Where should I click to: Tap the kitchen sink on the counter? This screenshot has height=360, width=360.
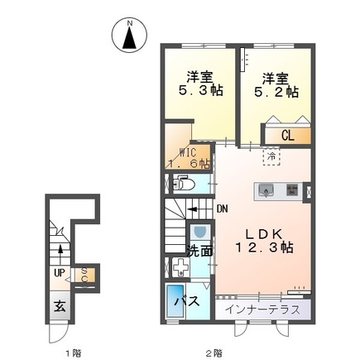click(x=267, y=191)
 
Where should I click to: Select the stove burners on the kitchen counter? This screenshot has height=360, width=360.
click(x=292, y=191)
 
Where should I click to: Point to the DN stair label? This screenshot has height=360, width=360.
click(x=222, y=209)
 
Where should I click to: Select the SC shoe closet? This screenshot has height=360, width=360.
click(x=84, y=274)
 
